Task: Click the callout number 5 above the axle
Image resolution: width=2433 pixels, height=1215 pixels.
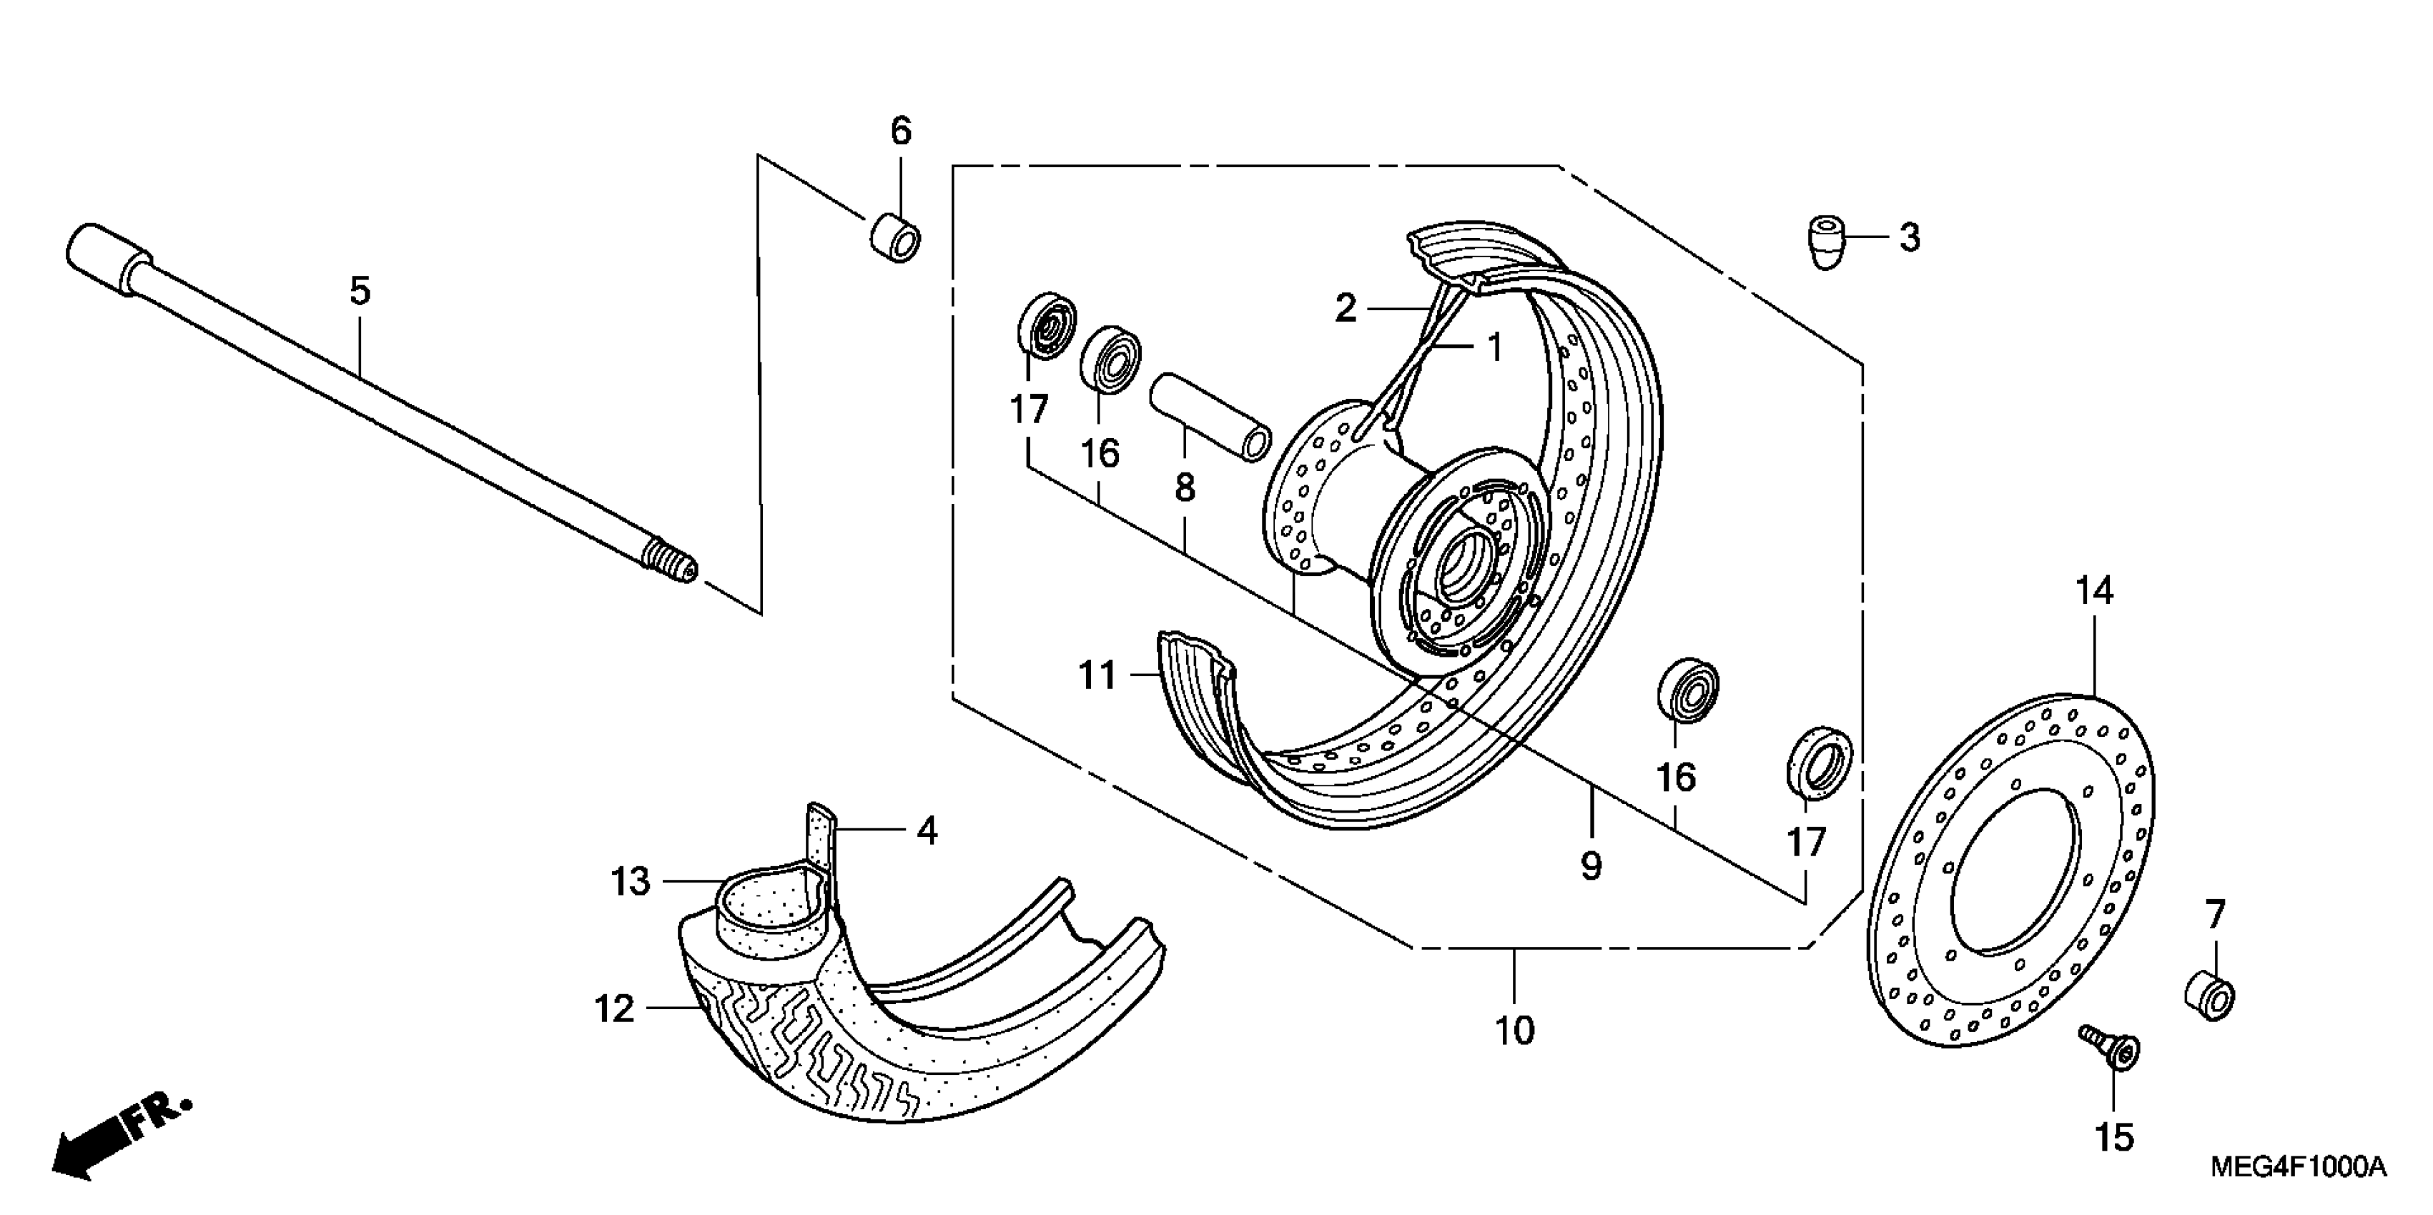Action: click(x=360, y=291)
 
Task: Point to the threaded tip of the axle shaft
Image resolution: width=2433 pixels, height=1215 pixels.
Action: click(x=673, y=562)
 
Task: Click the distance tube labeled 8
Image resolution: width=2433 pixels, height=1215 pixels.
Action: click(x=1209, y=415)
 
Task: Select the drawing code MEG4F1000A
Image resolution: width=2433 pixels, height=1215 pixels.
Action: click(x=2297, y=1167)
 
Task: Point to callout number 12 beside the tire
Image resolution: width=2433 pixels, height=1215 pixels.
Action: click(x=614, y=1009)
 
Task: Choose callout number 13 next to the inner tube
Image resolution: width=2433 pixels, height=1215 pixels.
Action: click(x=630, y=882)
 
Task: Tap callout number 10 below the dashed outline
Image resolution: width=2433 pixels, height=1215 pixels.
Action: click(x=1514, y=1031)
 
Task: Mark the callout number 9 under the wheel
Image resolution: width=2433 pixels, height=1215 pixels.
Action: click(x=1591, y=866)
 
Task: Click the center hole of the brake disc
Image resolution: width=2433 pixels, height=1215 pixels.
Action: click(x=2015, y=868)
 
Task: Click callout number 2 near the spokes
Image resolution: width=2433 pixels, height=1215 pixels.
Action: click(x=1345, y=308)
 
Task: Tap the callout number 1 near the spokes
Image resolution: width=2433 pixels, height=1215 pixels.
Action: click(x=1494, y=347)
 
